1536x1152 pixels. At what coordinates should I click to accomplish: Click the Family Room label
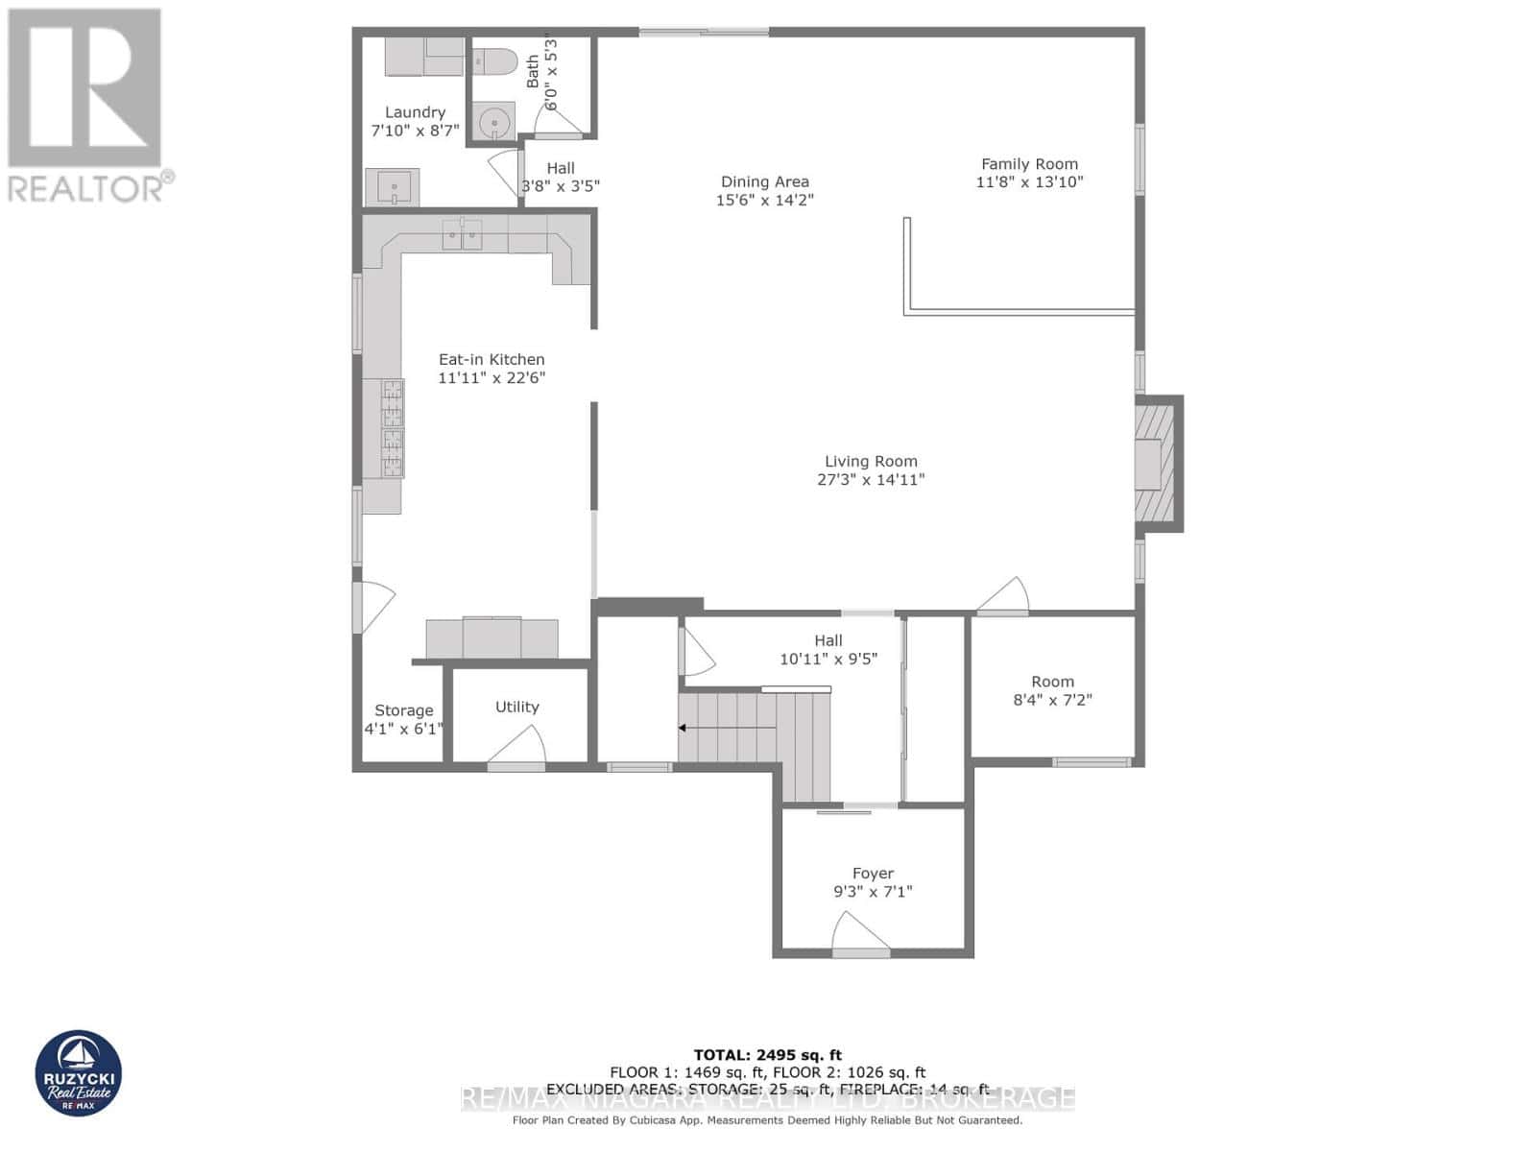coord(1029,164)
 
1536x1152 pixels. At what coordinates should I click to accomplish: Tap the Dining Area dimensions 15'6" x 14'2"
coord(764,200)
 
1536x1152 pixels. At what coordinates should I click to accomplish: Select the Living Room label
coord(871,462)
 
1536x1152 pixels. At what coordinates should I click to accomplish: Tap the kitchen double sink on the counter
coord(462,233)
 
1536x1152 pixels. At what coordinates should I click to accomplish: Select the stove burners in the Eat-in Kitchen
coord(393,428)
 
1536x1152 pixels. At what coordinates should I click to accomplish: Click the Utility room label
coord(516,708)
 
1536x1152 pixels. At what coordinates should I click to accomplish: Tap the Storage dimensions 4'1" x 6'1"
coord(403,729)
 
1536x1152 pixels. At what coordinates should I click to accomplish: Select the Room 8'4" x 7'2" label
coord(1052,682)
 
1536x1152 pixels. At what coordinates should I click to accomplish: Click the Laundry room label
coord(415,112)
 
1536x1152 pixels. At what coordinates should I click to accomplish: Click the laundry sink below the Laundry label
coord(394,186)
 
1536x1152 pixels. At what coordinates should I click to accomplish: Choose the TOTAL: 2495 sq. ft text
coord(767,1055)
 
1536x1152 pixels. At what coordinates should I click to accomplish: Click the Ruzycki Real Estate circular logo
coord(79,1073)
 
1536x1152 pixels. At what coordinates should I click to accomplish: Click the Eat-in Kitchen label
coord(492,360)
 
